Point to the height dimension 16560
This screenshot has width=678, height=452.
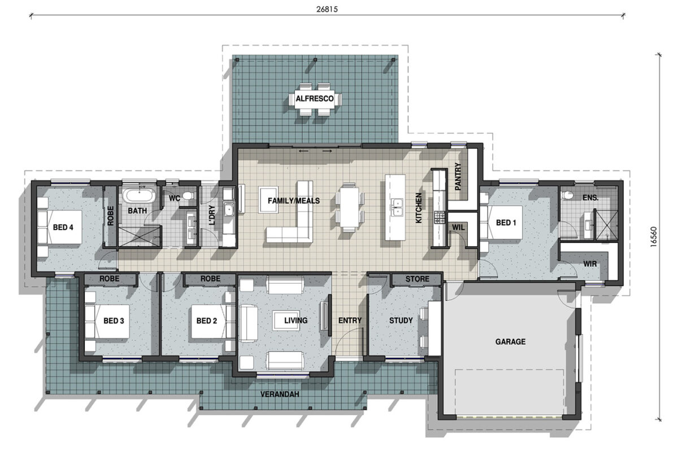pyautogui.click(x=654, y=236)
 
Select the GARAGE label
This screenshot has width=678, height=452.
pyautogui.click(x=510, y=341)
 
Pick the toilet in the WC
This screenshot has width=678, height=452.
pyautogui.click(x=188, y=197)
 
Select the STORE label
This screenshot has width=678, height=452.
pyautogui.click(x=417, y=279)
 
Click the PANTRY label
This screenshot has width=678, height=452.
pyautogui.click(x=458, y=175)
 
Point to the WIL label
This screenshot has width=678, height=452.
pyautogui.click(x=458, y=227)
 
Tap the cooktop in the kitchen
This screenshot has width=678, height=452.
pyautogui.click(x=439, y=217)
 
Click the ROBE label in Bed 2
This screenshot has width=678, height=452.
pyautogui.click(x=210, y=279)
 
